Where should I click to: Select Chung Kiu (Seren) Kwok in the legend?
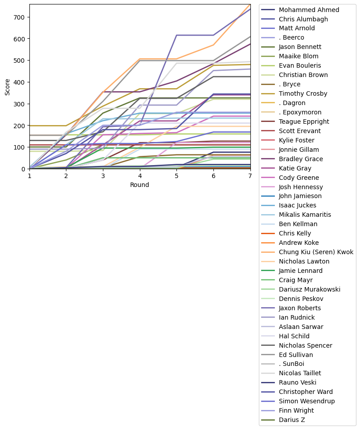(x=316, y=252)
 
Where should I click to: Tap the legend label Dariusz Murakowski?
(x=309, y=289)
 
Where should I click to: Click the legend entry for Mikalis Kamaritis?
(x=305, y=215)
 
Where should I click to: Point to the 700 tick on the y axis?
(x=21, y=17)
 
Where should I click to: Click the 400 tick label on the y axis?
(x=21, y=82)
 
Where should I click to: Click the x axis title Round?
(x=139, y=184)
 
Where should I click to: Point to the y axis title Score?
(x=8, y=87)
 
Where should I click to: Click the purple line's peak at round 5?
(x=177, y=35)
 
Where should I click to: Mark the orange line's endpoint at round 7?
(x=250, y=4)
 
